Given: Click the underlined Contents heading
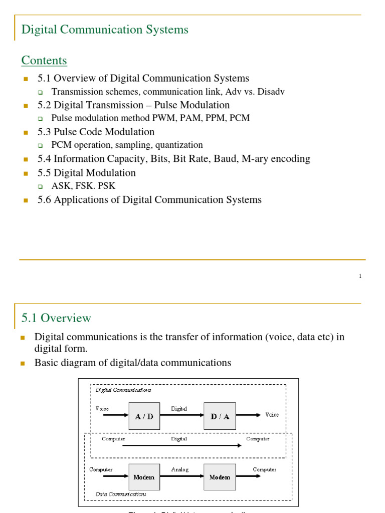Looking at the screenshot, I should [x=44, y=61].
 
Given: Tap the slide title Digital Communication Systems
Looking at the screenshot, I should [x=105, y=30].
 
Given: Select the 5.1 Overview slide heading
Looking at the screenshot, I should [x=56, y=318].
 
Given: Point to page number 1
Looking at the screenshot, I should [x=360, y=276].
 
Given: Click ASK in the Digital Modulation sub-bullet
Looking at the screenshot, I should [x=61, y=186].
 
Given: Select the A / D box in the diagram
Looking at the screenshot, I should [x=144, y=416].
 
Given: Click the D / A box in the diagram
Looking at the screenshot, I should [x=220, y=416].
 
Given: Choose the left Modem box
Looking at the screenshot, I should [x=144, y=477].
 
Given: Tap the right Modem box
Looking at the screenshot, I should [x=220, y=477].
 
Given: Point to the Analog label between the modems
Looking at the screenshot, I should [x=179, y=469].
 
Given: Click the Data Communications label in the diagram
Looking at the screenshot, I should [x=121, y=493].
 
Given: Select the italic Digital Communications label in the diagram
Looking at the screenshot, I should [x=123, y=390].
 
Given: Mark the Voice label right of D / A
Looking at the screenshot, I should [x=272, y=415].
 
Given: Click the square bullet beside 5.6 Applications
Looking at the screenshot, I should [x=26, y=200].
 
